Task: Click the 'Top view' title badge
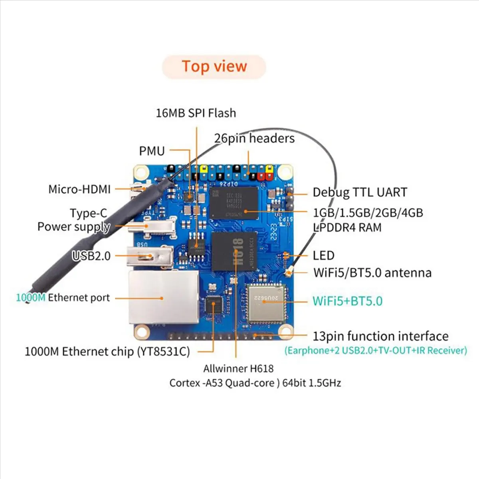214,67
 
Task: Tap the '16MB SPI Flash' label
196,113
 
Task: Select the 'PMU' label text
152,151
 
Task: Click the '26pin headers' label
254,139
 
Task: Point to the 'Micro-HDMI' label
79,189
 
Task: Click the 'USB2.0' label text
91,255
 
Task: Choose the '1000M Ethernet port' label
63,298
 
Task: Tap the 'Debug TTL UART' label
360,192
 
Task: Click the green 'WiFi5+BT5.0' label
347,301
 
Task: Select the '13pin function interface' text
380,336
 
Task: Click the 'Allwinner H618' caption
238,368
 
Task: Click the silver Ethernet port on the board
164,297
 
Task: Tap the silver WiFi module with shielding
265,304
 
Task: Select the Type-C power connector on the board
152,226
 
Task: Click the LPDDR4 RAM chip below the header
234,203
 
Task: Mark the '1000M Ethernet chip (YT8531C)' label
107,352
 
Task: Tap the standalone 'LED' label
323,255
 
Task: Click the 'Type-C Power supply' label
74,220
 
